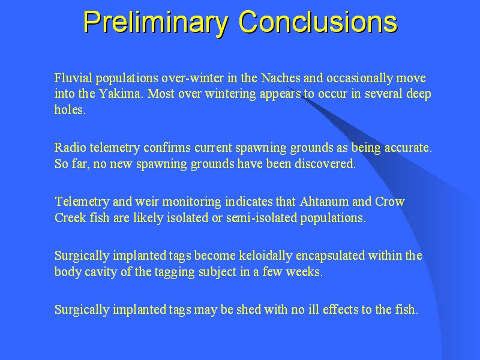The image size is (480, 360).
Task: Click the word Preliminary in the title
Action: [155, 22]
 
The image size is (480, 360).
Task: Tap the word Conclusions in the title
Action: [318, 22]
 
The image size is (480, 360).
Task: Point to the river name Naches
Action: [280, 78]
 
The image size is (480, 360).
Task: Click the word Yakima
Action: [121, 94]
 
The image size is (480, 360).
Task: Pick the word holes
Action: [70, 109]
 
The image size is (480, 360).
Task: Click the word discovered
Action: [325, 163]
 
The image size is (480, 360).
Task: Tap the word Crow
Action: [389, 202]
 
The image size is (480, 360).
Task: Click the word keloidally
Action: [265, 256]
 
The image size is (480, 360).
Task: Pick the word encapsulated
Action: [330, 256]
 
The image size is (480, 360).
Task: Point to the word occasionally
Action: [359, 78]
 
